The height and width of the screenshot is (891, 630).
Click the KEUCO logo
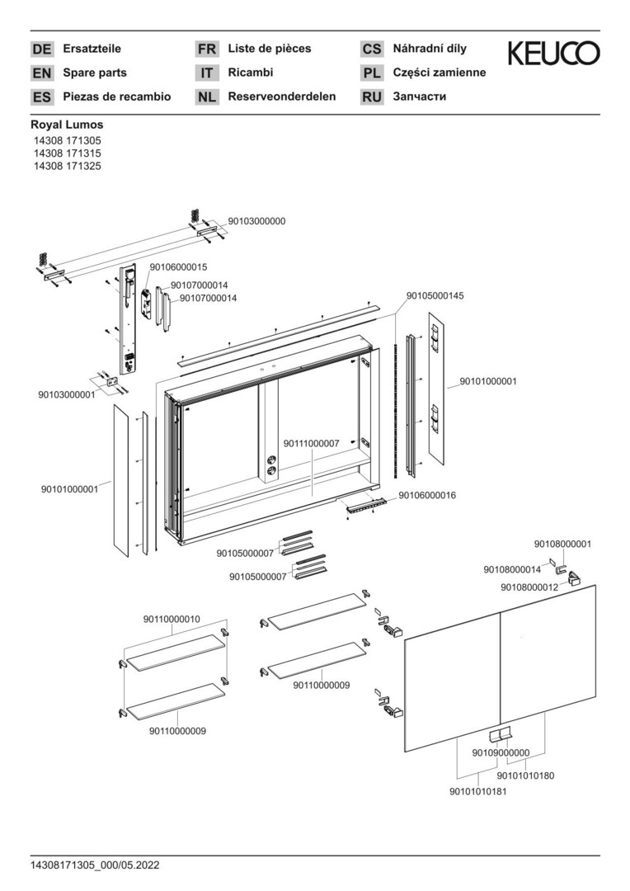point(553,54)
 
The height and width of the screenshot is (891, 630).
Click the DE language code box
point(41,49)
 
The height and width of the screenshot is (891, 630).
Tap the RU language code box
point(372,97)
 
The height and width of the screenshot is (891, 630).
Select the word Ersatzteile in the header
point(92,49)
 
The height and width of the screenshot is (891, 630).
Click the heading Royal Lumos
point(67,125)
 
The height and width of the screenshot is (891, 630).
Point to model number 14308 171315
point(67,153)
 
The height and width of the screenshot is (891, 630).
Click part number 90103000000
point(256,221)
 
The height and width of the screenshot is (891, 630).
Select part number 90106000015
point(178,267)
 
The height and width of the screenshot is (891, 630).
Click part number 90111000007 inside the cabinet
point(312,444)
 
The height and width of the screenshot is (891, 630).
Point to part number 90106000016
point(427,495)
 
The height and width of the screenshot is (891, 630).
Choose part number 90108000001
point(562,544)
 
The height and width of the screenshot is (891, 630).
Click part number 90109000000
point(501,752)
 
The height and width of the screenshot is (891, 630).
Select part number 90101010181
point(477,792)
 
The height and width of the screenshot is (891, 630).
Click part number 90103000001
point(67,394)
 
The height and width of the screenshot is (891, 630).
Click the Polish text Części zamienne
point(439,73)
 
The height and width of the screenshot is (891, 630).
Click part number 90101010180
point(525,775)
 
